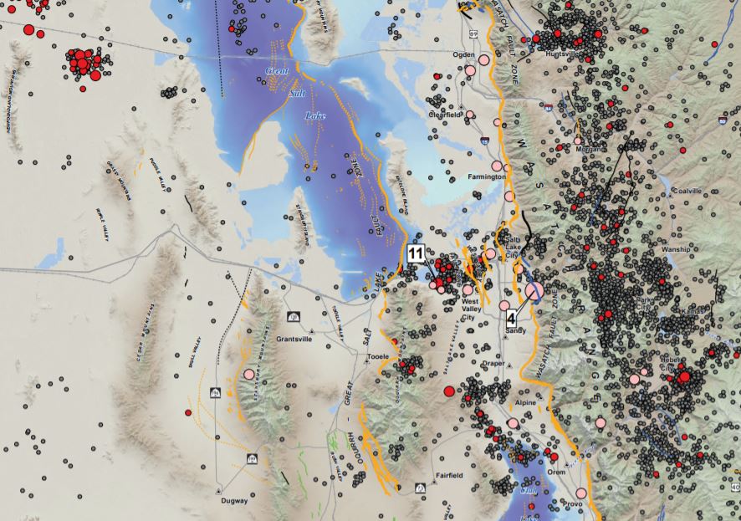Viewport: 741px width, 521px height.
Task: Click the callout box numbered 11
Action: click(416, 253)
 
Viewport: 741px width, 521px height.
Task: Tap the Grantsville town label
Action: click(294, 340)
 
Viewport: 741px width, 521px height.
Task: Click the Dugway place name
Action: click(233, 501)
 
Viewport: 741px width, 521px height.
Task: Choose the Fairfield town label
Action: click(448, 476)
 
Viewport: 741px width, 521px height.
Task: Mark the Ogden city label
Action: click(463, 54)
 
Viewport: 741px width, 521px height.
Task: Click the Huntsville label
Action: click(562, 54)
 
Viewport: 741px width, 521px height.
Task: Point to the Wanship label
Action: click(676, 249)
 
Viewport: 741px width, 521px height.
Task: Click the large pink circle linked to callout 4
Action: click(534, 291)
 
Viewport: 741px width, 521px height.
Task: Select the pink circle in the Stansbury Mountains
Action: click(248, 374)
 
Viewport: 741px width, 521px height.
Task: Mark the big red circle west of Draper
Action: click(449, 391)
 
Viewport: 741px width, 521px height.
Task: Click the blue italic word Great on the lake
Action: click(277, 72)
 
